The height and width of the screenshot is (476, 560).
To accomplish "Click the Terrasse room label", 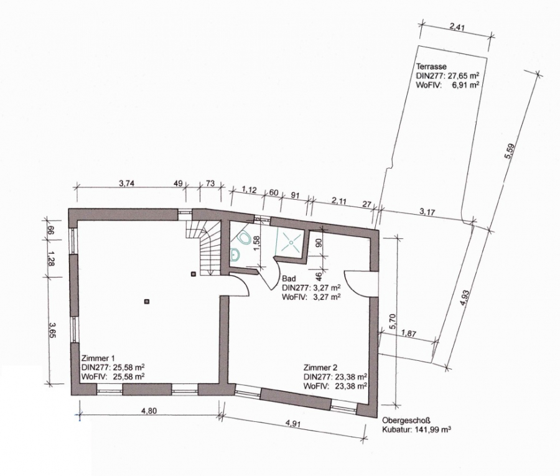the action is [x=431, y=67].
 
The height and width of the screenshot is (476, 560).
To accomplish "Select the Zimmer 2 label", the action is [x=320, y=367].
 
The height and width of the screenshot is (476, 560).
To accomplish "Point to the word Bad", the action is [x=289, y=279].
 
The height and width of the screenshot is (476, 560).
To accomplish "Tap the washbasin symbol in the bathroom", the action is [x=235, y=254].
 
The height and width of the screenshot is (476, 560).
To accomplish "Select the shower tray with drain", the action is [x=291, y=242].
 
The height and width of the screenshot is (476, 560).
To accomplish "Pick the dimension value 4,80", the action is [x=149, y=411].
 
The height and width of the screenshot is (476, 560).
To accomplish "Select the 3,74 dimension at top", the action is [x=126, y=184].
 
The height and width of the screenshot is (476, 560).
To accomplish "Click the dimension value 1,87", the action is [x=409, y=334].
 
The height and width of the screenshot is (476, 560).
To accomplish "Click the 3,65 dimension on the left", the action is [x=52, y=330].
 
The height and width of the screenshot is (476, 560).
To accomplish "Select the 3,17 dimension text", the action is [x=427, y=212].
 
